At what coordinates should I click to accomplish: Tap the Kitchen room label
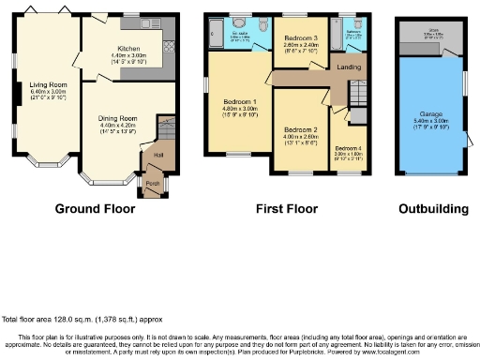[129, 48]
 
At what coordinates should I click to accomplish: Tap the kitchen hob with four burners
[169, 45]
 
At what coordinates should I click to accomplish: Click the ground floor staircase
[165, 127]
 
